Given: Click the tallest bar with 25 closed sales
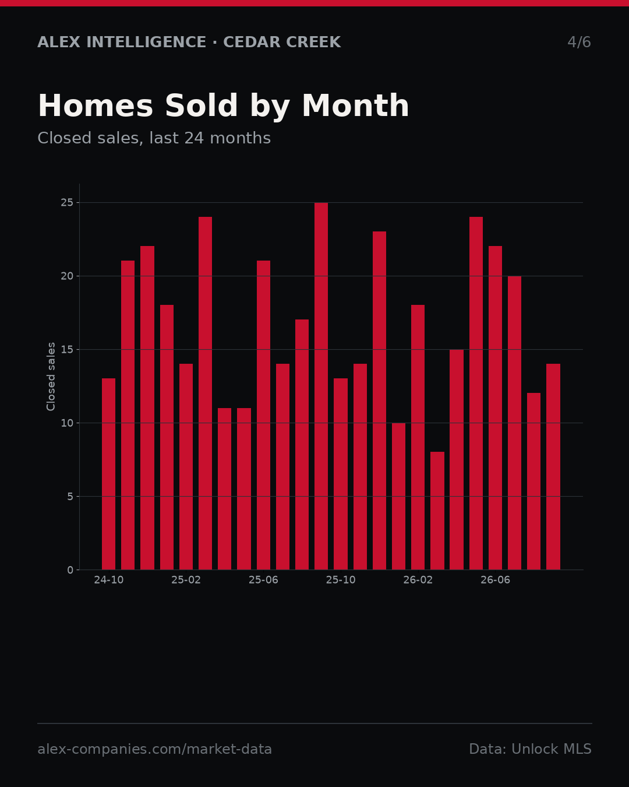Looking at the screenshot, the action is tap(321, 386).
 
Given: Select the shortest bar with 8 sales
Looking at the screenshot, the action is tap(437, 511).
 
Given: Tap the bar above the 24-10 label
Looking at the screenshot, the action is tap(108, 473).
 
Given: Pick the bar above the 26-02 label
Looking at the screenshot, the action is tap(418, 437).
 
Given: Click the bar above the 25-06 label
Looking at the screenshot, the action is tap(263, 415).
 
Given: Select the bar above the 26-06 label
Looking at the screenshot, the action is tap(495, 407).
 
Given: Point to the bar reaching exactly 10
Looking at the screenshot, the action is tap(398, 496).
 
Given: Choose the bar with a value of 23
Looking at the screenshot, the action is tap(379, 400).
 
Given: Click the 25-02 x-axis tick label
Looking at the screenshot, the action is tap(186, 580).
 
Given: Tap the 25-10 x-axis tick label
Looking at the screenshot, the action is tap(341, 580).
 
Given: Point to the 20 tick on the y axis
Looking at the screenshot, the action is tap(67, 276).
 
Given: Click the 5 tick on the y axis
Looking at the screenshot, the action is tap(70, 497).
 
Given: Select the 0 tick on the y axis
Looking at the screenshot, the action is tap(70, 570).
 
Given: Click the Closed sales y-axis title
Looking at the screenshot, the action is tap(51, 377).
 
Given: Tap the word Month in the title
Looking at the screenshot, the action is tap(355, 106).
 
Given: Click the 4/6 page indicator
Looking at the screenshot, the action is tap(579, 42).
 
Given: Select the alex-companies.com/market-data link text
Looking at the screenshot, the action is tap(154, 749).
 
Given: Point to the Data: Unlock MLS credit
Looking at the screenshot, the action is tap(530, 749).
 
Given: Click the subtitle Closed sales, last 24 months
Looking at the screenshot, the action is tap(154, 138).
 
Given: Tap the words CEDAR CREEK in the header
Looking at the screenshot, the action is tap(282, 42).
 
